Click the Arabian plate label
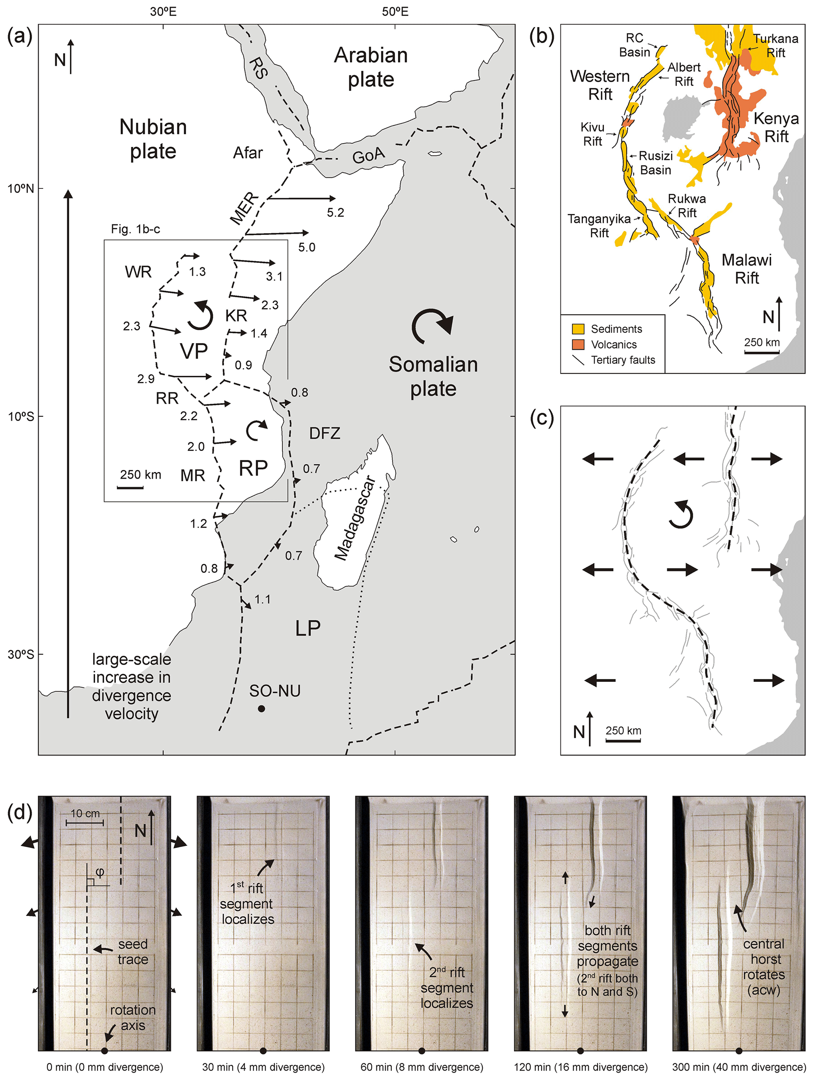pyautogui.click(x=371, y=67)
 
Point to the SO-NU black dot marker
pyautogui.click(x=261, y=709)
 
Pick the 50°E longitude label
pyautogui.click(x=395, y=11)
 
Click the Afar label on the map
pyautogui.click(x=247, y=153)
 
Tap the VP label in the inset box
pyautogui.click(x=194, y=351)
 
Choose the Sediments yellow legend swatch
pyautogui.click(x=578, y=329)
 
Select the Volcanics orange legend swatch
pyautogui.click(x=578, y=344)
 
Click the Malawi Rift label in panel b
pyautogui.click(x=747, y=269)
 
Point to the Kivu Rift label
pyautogui.click(x=592, y=134)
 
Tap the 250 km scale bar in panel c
pyautogui.click(x=623, y=740)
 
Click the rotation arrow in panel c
pyautogui.click(x=681, y=515)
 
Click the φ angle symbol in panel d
pyautogui.click(x=100, y=872)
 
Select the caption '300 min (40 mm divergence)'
pyautogui.click(x=739, y=1067)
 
